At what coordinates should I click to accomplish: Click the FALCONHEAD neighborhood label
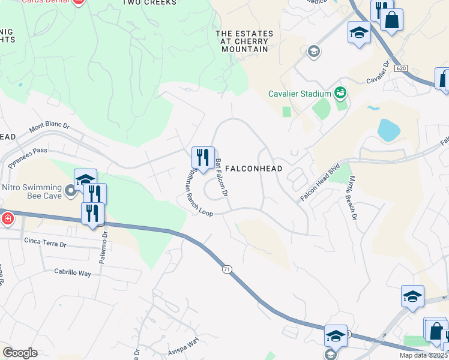click(x=253, y=169)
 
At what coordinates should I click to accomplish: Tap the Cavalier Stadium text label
click(x=300, y=94)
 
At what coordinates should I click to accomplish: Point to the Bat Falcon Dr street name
click(x=221, y=178)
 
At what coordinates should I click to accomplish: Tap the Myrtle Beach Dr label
click(x=350, y=202)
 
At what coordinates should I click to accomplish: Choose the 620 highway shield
click(x=402, y=69)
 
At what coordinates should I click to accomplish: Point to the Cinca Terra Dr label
click(x=46, y=241)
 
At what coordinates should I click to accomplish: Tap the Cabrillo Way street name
click(x=73, y=273)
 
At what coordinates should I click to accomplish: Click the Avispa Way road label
click(x=184, y=344)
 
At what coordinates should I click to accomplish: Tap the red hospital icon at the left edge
click(x=6, y=218)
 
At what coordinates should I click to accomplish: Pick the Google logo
click(x=20, y=353)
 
